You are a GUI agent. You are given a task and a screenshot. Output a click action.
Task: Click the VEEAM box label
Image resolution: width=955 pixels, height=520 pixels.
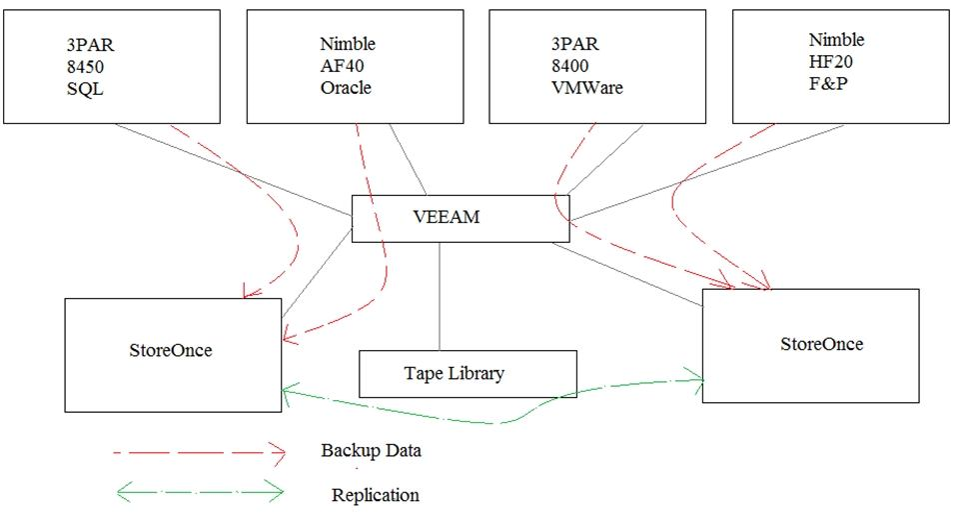click(x=446, y=216)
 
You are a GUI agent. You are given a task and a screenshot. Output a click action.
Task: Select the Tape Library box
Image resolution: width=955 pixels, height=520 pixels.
click(x=467, y=374)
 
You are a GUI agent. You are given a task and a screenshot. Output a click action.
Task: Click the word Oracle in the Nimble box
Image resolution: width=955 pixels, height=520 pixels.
click(x=345, y=87)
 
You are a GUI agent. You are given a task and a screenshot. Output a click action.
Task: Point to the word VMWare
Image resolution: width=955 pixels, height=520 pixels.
click(x=587, y=87)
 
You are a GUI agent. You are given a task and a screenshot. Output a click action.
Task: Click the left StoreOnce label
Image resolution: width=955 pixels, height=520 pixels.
click(x=172, y=351)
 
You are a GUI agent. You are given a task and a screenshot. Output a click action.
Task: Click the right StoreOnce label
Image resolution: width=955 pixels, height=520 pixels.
click(x=821, y=345)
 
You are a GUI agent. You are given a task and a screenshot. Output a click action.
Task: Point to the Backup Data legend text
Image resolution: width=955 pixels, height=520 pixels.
click(x=371, y=451)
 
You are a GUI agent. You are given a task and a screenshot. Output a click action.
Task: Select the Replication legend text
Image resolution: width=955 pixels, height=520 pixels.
click(x=375, y=495)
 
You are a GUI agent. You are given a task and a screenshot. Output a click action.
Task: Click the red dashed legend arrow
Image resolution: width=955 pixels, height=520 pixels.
click(x=200, y=452)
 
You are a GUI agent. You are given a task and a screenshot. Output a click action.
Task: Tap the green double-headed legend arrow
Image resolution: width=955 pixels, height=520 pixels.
click(x=200, y=491)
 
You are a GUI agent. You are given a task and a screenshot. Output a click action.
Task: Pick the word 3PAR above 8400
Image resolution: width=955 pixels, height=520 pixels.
click(x=571, y=45)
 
